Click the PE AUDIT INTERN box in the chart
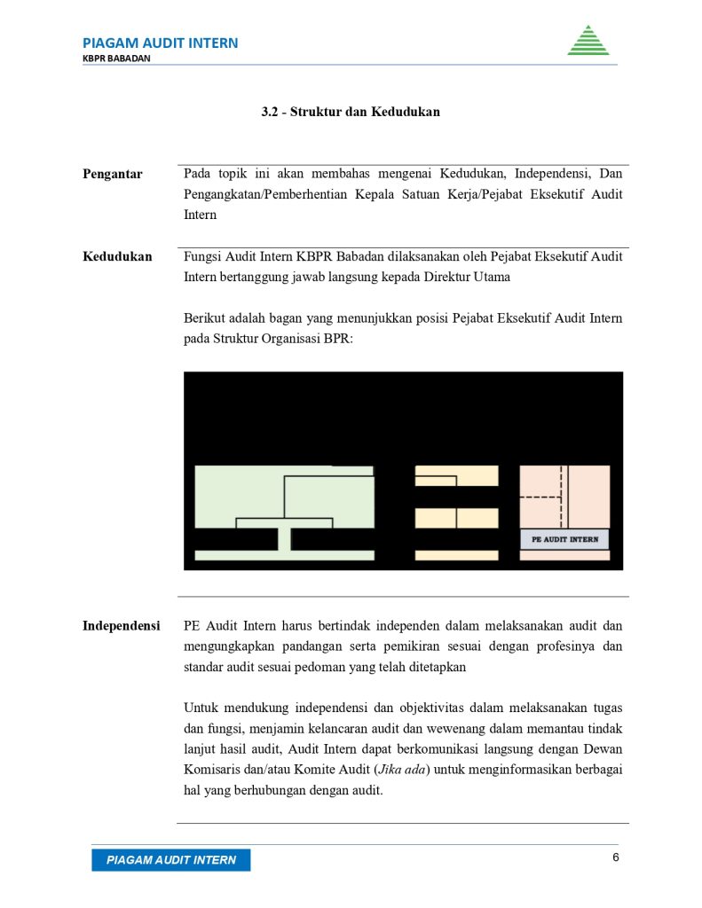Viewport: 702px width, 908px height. [x=564, y=539]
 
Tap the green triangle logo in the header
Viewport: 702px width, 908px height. [x=588, y=41]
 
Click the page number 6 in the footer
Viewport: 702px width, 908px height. [x=615, y=857]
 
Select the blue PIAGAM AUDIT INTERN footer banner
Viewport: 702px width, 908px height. [x=170, y=860]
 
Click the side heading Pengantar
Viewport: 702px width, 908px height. [x=113, y=174]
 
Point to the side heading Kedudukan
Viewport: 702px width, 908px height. [x=117, y=256]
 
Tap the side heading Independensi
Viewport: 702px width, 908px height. [x=122, y=625]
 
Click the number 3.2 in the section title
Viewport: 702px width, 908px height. [x=270, y=112]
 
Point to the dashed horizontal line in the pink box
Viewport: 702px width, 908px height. [x=540, y=497]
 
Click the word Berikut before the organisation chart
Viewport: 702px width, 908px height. [x=206, y=317]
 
